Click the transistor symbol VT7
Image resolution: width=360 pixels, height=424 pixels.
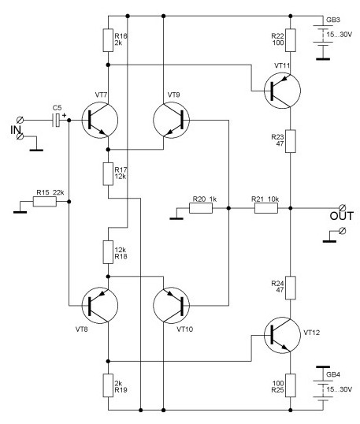100,120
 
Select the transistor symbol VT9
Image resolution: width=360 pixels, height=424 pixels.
172,120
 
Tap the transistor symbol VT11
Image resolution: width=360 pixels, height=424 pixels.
282,91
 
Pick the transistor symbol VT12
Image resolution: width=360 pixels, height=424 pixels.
282,335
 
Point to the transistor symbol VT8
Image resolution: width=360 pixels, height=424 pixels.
100,306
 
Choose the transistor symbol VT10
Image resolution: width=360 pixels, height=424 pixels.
172,306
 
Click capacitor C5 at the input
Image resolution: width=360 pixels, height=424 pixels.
56,121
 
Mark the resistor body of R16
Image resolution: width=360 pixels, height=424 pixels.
108,40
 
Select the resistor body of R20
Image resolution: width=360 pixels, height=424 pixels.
201,208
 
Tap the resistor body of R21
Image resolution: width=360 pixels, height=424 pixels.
266,208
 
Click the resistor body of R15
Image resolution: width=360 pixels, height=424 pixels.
45,202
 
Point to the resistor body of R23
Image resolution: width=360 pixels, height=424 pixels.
291,141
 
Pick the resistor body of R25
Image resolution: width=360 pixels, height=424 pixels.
291,385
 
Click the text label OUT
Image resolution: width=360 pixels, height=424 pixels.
342,216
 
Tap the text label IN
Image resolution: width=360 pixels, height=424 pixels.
16,130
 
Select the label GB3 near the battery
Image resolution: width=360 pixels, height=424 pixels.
333,20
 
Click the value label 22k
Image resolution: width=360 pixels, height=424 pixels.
58,192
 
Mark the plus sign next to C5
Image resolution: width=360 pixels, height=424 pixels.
65,115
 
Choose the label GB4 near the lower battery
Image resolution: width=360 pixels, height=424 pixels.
333,374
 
